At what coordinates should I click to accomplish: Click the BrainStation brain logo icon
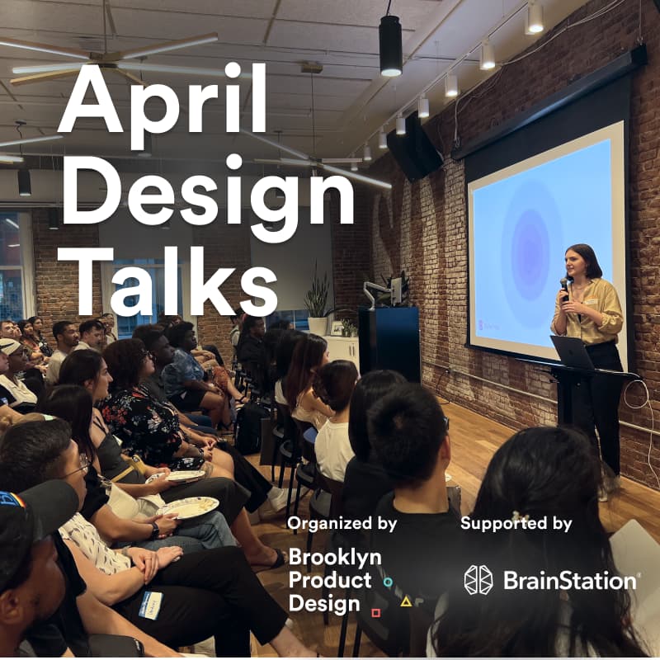point(478,580)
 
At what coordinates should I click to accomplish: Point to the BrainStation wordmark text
point(569,581)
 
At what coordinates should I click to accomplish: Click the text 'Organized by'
point(342,523)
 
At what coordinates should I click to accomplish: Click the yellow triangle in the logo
point(405,601)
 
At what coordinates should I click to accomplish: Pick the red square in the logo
point(375,612)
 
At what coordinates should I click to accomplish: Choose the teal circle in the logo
point(388,582)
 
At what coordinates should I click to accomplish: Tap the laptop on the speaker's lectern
point(573,352)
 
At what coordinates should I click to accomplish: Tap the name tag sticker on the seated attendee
point(150,606)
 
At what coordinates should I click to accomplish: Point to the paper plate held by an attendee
point(188,507)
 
